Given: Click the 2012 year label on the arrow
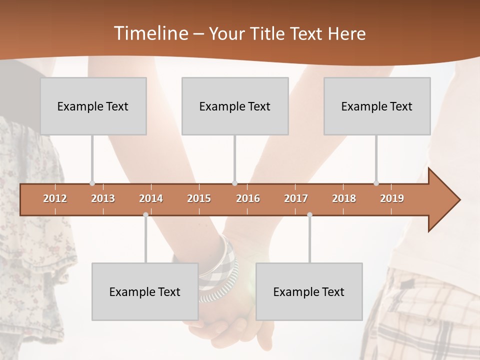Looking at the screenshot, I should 55,198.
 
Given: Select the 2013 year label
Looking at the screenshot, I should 103,198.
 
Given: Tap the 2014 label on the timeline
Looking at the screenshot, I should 151,198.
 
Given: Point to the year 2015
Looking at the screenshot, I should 199,198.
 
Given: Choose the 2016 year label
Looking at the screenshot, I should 248,198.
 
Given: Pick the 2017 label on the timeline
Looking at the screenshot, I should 296,198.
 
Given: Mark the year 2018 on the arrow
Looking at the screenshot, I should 344,198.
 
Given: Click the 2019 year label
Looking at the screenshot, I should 392,198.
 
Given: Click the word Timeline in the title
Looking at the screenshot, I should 150,33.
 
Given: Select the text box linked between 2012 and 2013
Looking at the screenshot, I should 93,106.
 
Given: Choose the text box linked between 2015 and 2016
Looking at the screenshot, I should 235,106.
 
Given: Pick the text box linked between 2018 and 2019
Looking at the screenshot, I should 377,106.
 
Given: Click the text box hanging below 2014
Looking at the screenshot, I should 145,291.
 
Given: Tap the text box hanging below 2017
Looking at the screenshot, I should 309,291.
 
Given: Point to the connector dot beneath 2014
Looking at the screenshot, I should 145,214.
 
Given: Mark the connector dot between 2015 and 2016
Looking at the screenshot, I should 234,183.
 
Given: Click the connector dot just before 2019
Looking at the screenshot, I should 376,183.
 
